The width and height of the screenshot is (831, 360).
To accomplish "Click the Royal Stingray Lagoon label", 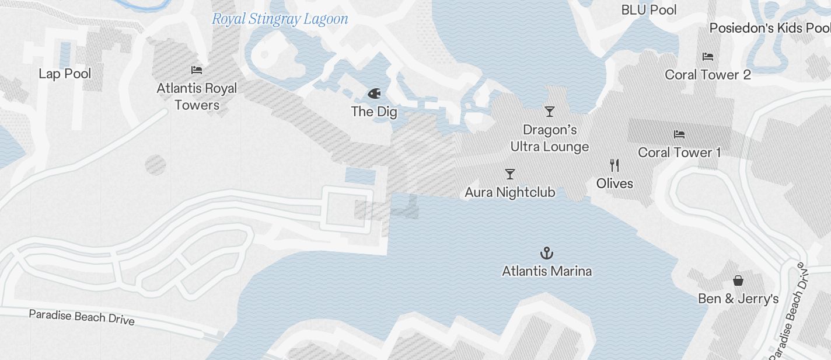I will (280, 19).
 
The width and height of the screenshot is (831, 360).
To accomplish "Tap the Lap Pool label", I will (65, 74).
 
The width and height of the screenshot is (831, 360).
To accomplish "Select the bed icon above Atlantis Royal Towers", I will (197, 70).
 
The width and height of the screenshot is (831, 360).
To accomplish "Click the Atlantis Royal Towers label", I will (197, 97).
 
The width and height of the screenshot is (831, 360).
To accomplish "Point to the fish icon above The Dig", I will (374, 94).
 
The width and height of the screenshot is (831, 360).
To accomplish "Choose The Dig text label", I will (374, 112).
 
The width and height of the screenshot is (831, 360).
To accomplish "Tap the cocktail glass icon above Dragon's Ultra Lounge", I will (549, 111).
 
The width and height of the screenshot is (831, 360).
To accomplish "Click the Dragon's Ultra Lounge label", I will (550, 139).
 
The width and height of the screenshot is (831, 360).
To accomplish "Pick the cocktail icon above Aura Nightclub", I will (510, 174).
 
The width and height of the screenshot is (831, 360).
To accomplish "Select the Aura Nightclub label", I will (510, 192).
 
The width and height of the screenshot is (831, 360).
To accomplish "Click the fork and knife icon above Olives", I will (614, 165).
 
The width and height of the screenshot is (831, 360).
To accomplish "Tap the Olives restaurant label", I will (614, 184).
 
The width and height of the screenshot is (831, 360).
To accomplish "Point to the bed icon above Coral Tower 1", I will (679, 134).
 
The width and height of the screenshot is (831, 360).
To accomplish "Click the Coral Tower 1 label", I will (679, 153).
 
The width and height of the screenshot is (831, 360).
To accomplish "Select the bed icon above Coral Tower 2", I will (708, 57).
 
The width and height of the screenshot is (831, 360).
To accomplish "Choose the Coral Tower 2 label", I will (708, 75).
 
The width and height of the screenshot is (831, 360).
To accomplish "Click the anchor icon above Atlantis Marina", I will (547, 253).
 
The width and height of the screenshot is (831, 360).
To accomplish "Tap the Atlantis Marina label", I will (547, 271).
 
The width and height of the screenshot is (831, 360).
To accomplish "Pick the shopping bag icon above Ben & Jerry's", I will (738, 281).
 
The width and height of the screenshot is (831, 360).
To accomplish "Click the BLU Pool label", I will (649, 10).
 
